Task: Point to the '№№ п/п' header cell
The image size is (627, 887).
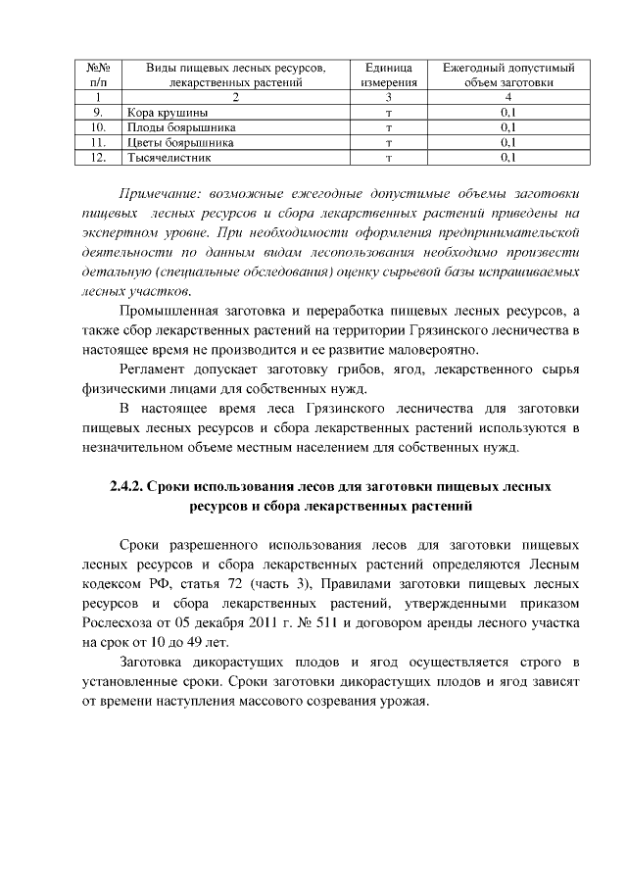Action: (97, 75)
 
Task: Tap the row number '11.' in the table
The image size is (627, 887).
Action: (97, 142)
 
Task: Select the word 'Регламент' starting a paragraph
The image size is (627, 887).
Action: (154, 370)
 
